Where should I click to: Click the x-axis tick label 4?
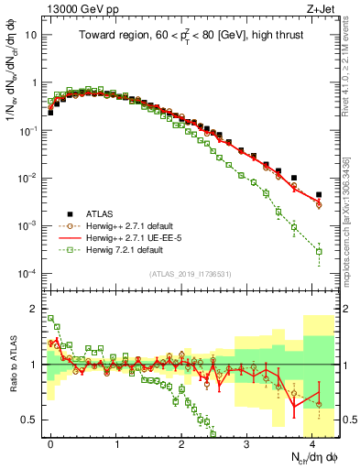point(312,442)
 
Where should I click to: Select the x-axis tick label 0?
point(51,442)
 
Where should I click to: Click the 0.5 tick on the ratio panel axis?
point(31,420)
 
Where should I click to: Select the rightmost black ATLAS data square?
point(319,194)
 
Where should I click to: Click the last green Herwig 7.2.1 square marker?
point(319,251)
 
